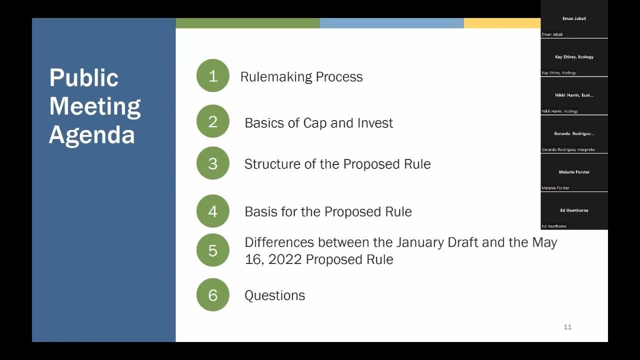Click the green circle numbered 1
pyautogui.click(x=212, y=76)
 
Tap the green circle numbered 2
pyautogui.click(x=212, y=121)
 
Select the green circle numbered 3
pyautogui.click(x=212, y=163)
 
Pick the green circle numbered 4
pyautogui.click(x=212, y=211)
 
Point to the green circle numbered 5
pyautogui.click(x=212, y=250)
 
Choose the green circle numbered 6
pyautogui.click(x=212, y=295)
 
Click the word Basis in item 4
pyautogui.click(x=260, y=211)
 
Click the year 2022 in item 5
pyautogui.click(x=285, y=259)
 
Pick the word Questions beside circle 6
pyautogui.click(x=274, y=295)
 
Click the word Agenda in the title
pyautogui.click(x=92, y=135)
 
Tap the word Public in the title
pyautogui.click(x=84, y=78)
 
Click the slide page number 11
pyautogui.click(x=567, y=327)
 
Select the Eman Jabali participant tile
pyautogui.click(x=574, y=20)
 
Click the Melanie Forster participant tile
pyautogui.click(x=574, y=173)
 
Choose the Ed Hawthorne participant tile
pyautogui.click(x=574, y=211)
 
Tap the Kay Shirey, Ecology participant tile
pyautogui.click(x=574, y=58)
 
